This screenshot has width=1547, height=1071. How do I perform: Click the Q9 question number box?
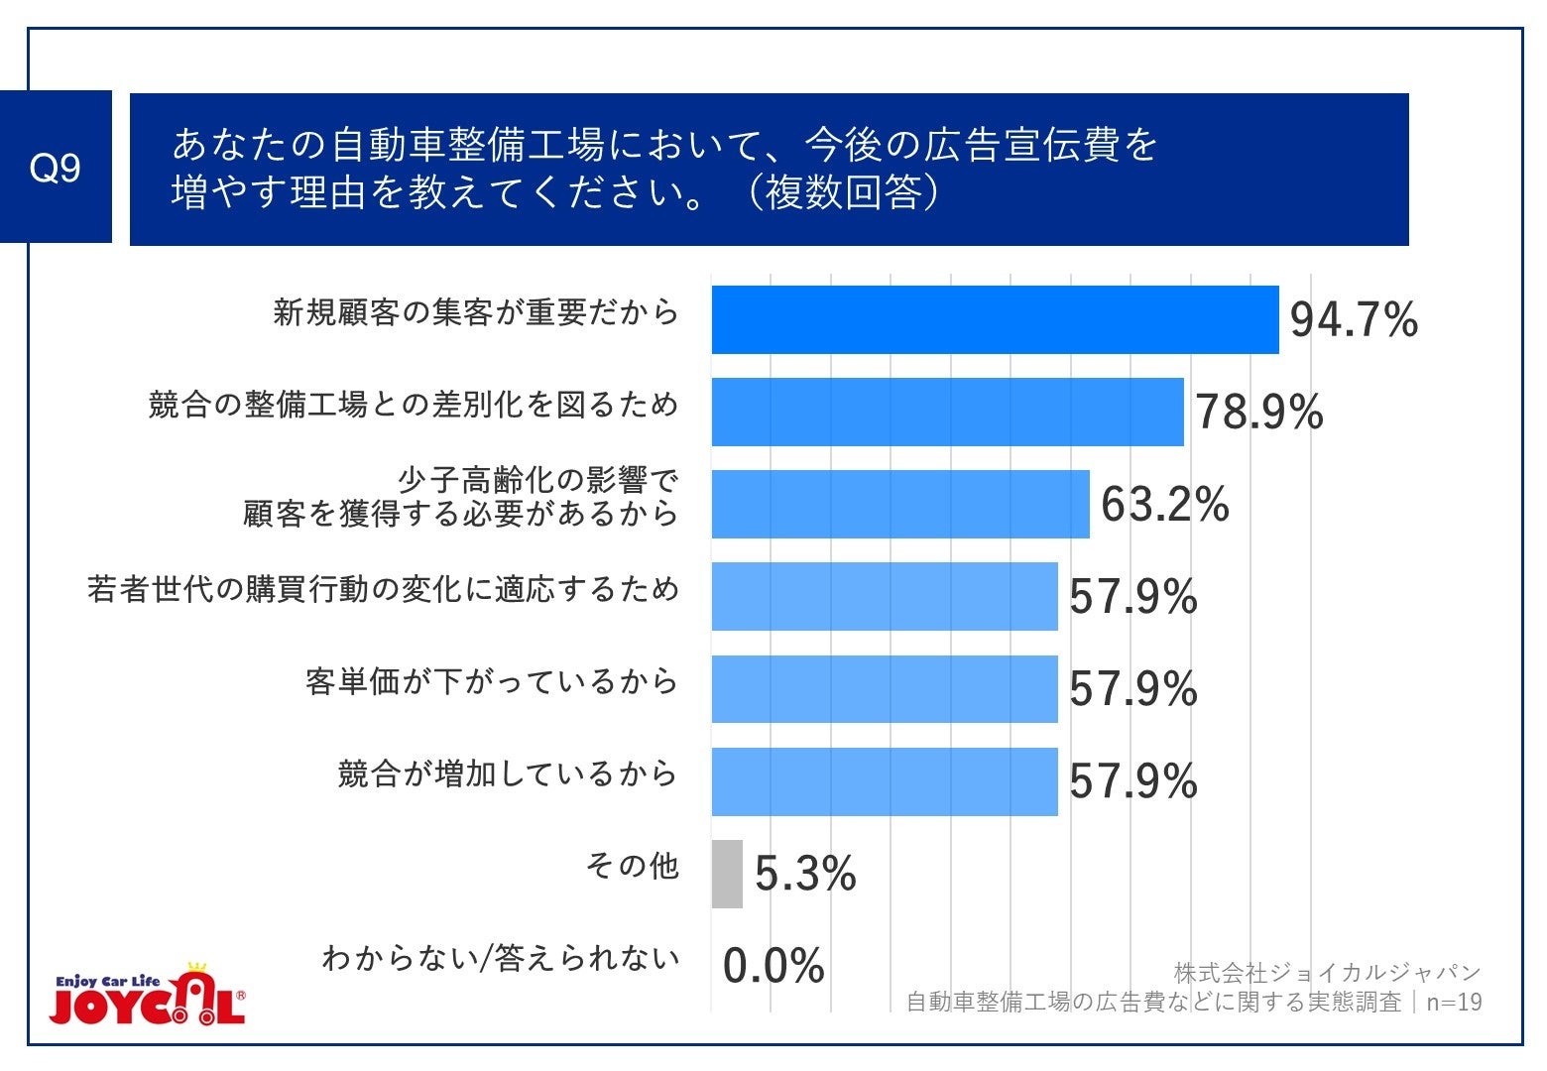(56, 168)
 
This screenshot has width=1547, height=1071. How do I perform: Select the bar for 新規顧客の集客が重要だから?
(995, 319)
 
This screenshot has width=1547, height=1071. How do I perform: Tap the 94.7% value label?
(1354, 320)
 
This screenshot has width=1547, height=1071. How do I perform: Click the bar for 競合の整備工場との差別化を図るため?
(947, 412)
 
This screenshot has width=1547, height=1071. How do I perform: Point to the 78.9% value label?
(1258, 412)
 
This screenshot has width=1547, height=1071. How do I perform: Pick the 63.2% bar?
(900, 504)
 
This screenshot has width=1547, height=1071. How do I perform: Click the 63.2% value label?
(1164, 505)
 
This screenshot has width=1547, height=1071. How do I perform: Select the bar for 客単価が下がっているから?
(885, 688)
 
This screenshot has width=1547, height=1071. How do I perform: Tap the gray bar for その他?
(727, 874)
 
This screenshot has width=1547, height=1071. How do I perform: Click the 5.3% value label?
(805, 875)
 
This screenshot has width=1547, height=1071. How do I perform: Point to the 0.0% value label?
(773, 966)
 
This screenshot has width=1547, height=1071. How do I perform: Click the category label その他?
(632, 867)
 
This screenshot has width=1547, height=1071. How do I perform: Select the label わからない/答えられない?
(501, 958)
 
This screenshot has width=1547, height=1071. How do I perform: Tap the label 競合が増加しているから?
(507, 773)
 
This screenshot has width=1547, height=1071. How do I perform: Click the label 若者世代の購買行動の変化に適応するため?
(383, 590)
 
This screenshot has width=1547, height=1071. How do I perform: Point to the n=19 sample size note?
(1454, 1003)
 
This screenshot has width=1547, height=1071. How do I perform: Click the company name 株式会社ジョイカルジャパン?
(1327, 972)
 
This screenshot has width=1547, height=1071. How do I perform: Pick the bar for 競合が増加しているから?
(885, 781)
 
